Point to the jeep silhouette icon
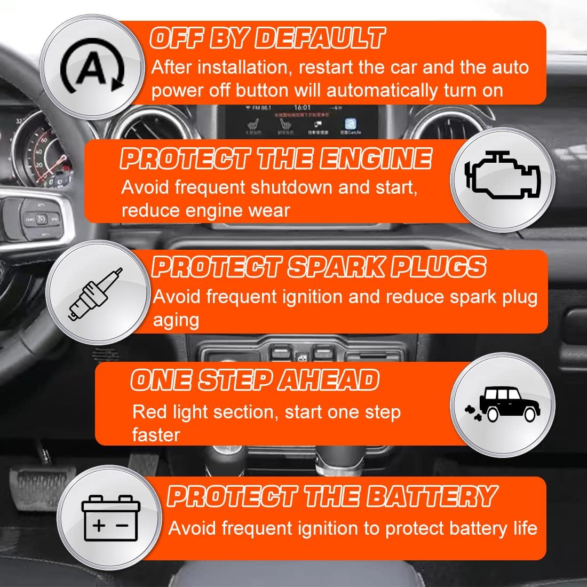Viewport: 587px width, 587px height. tap(502, 402)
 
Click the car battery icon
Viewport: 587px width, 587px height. tap(107, 517)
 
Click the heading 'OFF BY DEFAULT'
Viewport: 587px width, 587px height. tap(267, 38)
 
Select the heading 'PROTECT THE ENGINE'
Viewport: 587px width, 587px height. tap(275, 158)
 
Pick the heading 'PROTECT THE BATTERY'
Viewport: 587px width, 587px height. tap(332, 496)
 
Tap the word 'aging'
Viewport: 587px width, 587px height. tap(176, 320)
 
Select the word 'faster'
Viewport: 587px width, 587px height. tap(156, 434)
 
